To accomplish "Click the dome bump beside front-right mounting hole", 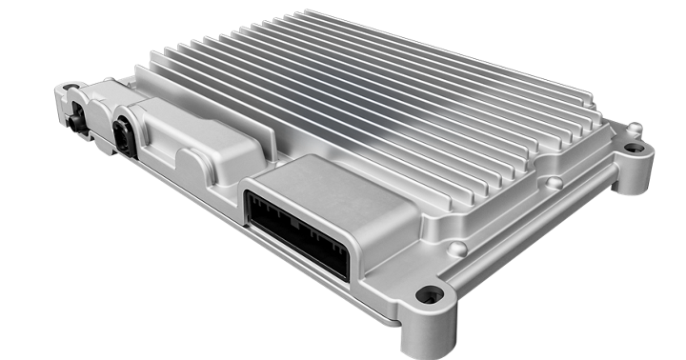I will pyautogui.click(x=459, y=250).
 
